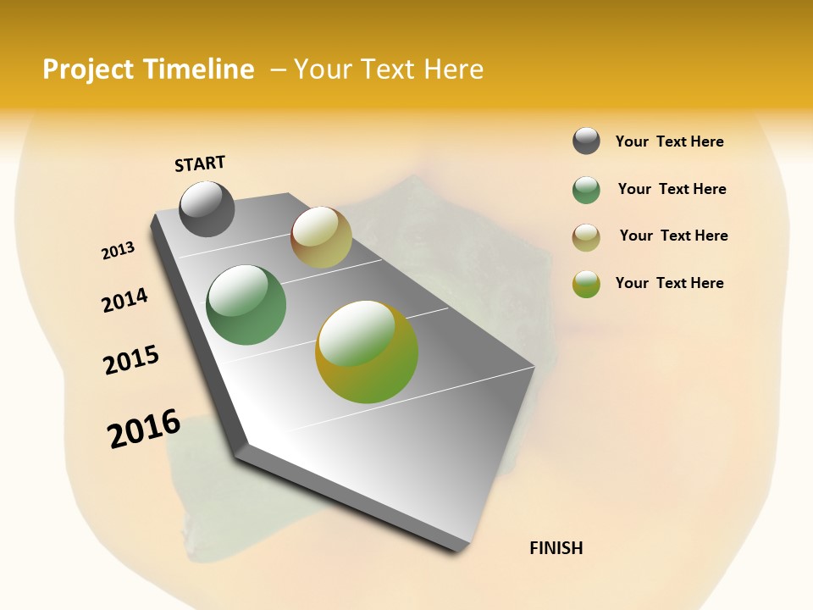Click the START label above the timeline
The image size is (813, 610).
(x=200, y=164)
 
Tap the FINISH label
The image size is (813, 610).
(x=556, y=548)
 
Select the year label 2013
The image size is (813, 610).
(x=119, y=251)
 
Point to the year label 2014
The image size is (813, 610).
(x=124, y=300)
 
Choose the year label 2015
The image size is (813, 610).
(x=131, y=360)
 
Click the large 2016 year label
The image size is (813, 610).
(x=144, y=429)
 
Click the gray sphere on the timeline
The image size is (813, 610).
(x=207, y=208)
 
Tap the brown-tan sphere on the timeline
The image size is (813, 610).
(x=321, y=237)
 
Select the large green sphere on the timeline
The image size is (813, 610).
(x=246, y=305)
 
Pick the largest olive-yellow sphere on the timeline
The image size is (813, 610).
(x=367, y=352)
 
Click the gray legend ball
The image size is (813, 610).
(x=586, y=141)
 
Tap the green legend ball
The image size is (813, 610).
(x=586, y=190)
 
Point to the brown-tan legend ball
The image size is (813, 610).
(x=586, y=237)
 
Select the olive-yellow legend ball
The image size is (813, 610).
(x=586, y=284)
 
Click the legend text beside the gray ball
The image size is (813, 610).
(x=669, y=142)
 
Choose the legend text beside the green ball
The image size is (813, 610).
(x=672, y=189)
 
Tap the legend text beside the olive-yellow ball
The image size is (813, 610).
(x=669, y=283)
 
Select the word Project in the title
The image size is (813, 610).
(x=89, y=69)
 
